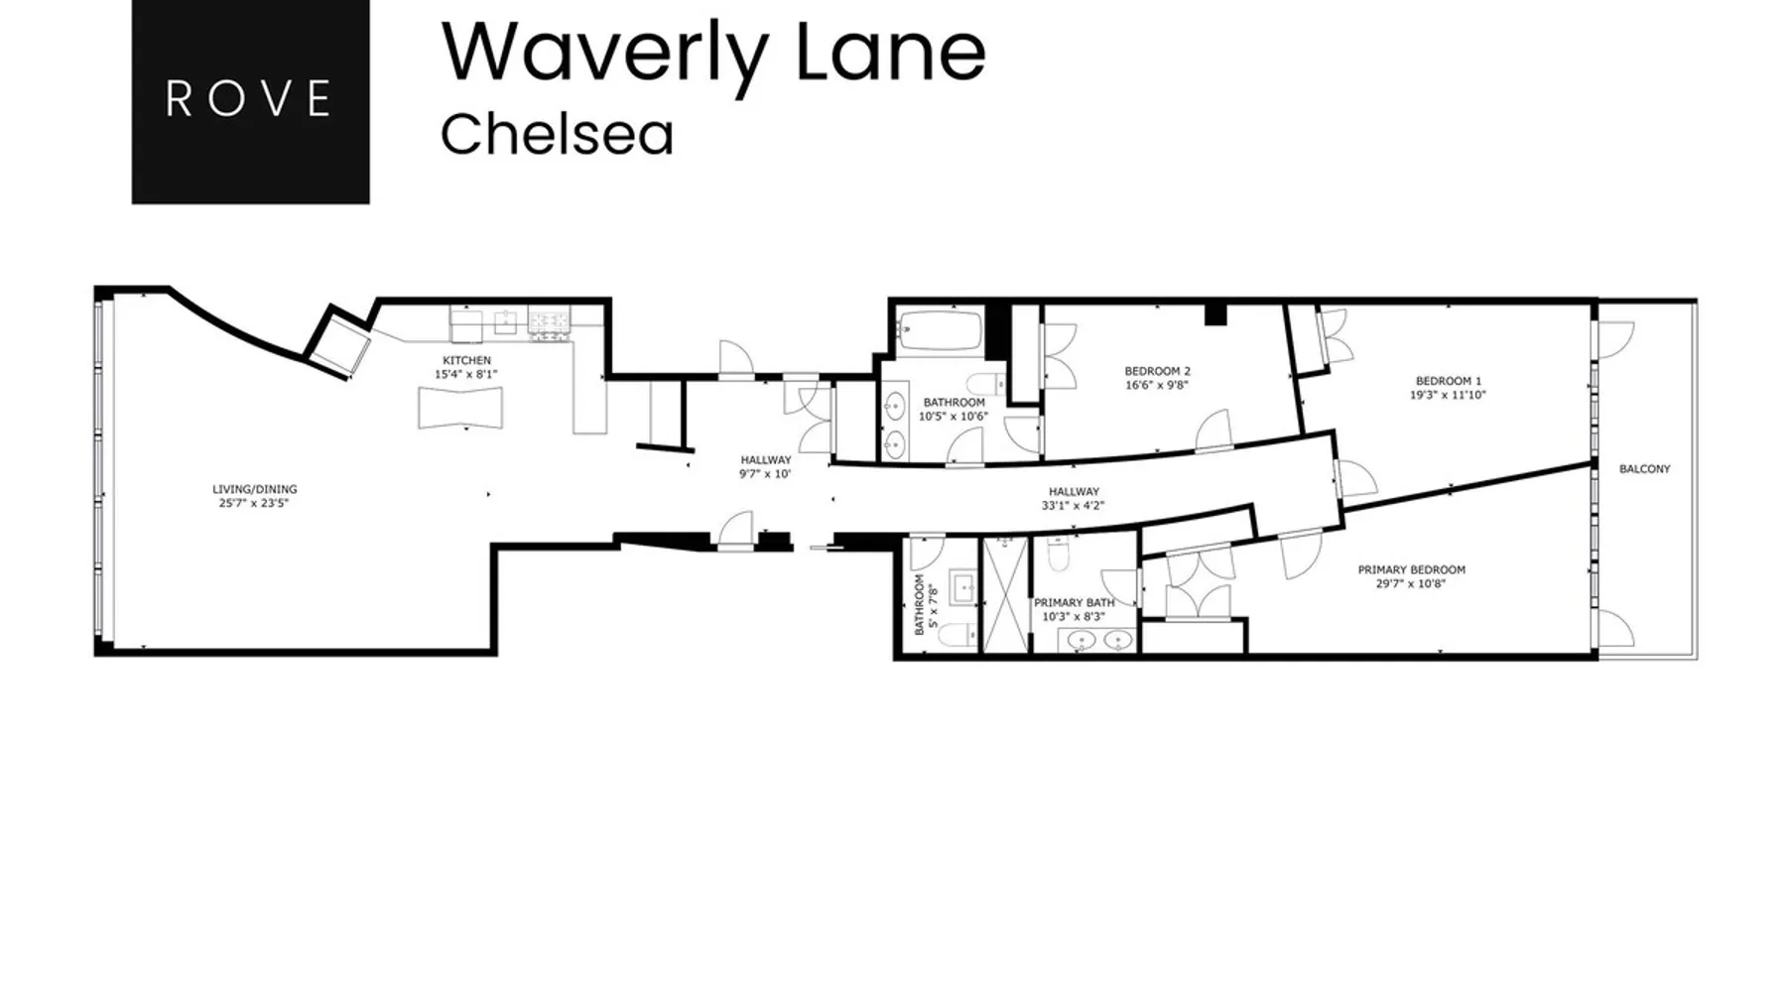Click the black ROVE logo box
click(250, 101)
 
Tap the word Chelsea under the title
click(557, 135)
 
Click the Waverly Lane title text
click(713, 51)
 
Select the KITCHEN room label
click(466, 360)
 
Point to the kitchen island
click(459, 408)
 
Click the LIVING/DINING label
click(255, 489)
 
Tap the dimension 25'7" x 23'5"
click(255, 503)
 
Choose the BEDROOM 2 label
click(1157, 371)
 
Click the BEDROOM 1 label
click(1449, 381)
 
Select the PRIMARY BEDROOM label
click(1411, 569)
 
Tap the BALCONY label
click(1645, 469)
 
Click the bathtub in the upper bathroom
click(939, 330)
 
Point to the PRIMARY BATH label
click(1075, 602)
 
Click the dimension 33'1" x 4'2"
click(1074, 505)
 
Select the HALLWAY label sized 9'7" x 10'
click(766, 460)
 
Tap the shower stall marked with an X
click(1006, 594)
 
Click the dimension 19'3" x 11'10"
click(1449, 395)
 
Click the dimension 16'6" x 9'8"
click(1157, 385)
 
